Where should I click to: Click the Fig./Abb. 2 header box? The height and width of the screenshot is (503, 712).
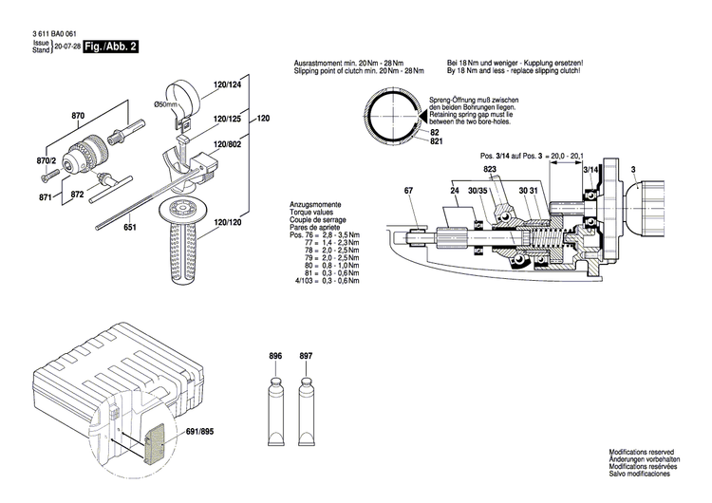pyautogui.click(x=110, y=46)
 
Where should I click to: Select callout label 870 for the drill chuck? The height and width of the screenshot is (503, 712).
pyautogui.click(x=79, y=116)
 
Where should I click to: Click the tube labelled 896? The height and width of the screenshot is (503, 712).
pyautogui.click(x=276, y=403)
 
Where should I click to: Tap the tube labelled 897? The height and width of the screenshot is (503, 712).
pyautogui.click(x=306, y=403)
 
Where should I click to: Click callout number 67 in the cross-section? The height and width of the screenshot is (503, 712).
pyautogui.click(x=409, y=192)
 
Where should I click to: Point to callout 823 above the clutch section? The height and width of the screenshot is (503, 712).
pyautogui.click(x=489, y=170)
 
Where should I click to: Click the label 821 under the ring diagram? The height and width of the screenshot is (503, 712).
pyautogui.click(x=437, y=141)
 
